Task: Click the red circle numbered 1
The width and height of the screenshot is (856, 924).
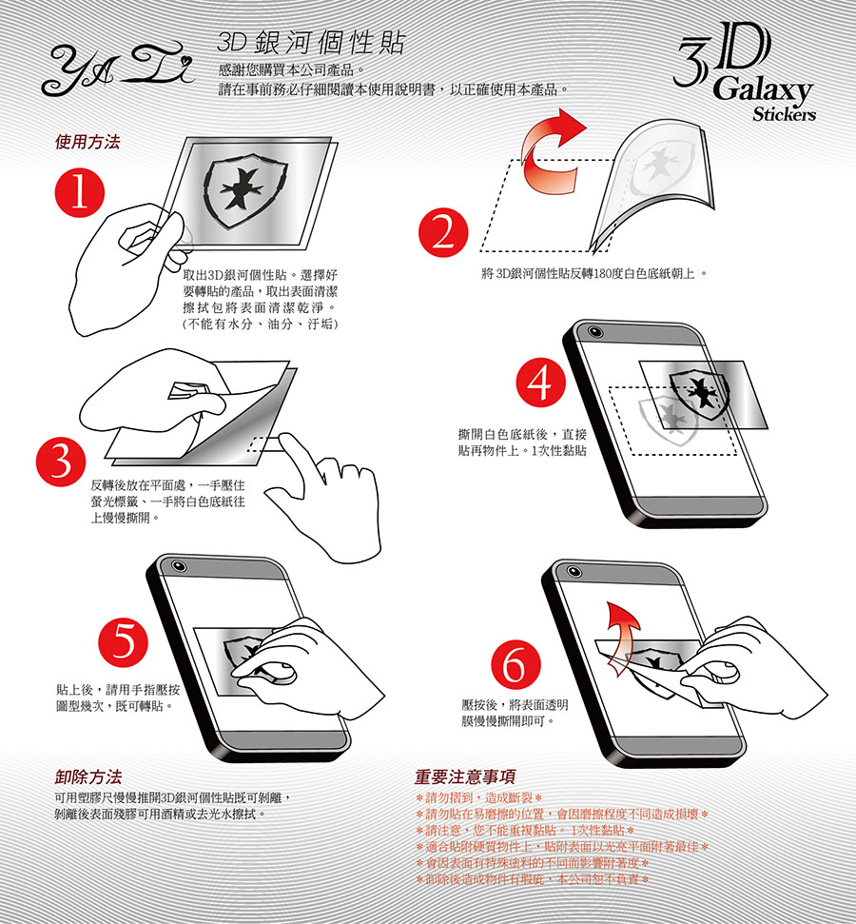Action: [x=80, y=192]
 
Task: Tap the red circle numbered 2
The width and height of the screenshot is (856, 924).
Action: [x=443, y=233]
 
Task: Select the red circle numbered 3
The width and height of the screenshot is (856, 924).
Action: [x=61, y=462]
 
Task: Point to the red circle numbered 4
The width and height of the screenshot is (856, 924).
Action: [x=541, y=383]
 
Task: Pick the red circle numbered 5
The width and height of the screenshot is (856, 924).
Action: [x=123, y=640]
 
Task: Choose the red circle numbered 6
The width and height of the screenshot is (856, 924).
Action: [x=516, y=665]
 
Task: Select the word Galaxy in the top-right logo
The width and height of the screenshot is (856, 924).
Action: [x=763, y=90]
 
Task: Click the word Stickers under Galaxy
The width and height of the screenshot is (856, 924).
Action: [x=784, y=114]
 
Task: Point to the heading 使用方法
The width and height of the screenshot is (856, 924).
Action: [x=88, y=142]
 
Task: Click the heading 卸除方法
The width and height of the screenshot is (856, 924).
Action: [x=88, y=777]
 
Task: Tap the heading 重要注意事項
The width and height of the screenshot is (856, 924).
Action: [x=465, y=777]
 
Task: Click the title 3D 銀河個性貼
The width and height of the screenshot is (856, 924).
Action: [x=311, y=43]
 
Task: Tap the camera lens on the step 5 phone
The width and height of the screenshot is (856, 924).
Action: [x=179, y=566]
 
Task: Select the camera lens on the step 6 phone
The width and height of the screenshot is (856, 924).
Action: [x=574, y=571]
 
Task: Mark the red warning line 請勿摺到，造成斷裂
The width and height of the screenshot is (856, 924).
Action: [x=478, y=797]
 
